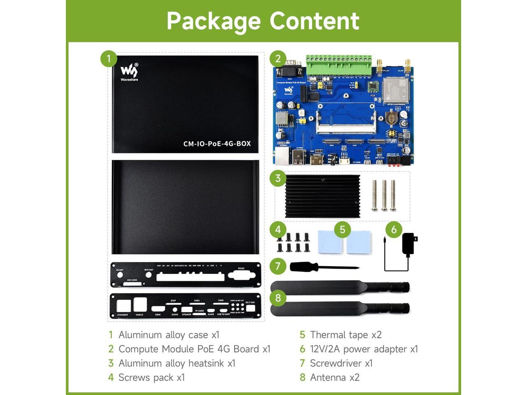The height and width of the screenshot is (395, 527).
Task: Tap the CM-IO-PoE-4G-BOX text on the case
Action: point(217,144)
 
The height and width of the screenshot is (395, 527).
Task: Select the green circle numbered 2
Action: point(278,59)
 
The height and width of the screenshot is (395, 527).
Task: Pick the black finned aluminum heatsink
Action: point(323,196)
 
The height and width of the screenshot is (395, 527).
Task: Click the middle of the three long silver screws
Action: point(384,195)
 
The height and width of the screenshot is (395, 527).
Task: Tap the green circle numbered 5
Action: point(343,229)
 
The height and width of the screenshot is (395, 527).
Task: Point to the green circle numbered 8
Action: point(278,297)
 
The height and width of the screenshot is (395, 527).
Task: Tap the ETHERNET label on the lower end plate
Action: point(123,315)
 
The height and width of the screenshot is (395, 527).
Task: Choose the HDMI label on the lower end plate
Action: point(158,315)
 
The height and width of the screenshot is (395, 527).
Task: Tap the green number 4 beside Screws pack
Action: point(111,377)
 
